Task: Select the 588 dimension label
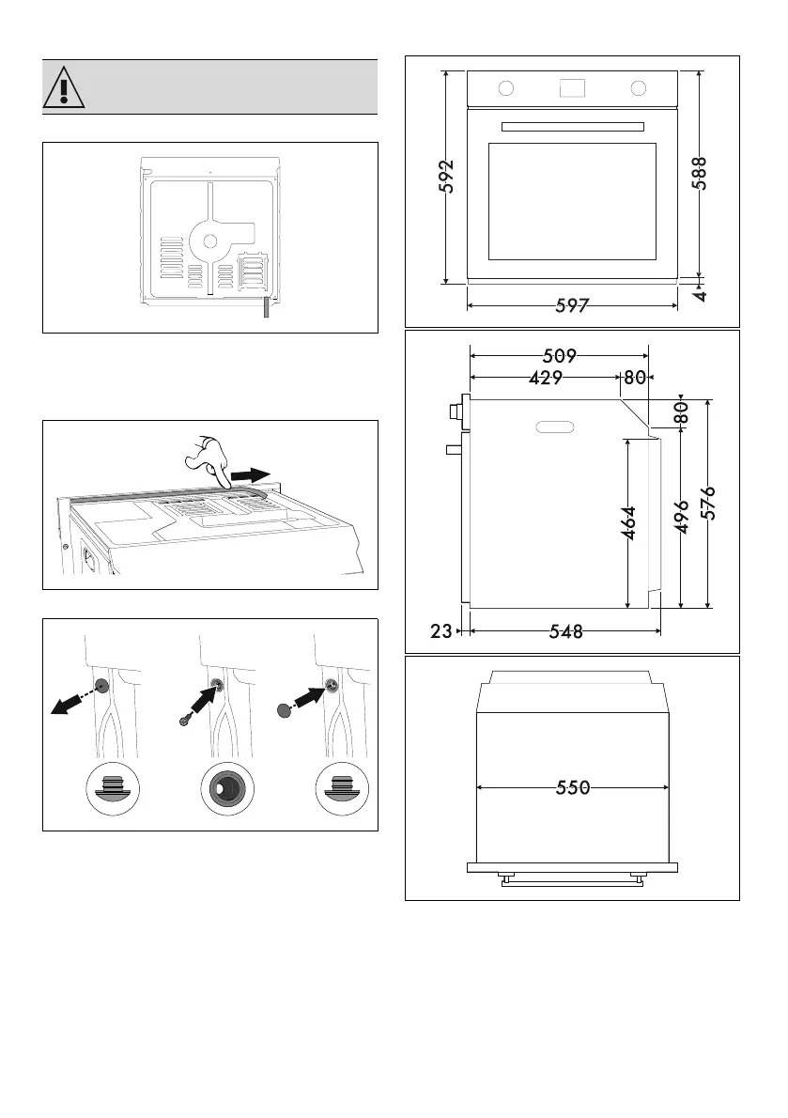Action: point(700,174)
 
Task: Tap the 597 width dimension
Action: point(572,305)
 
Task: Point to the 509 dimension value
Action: point(560,356)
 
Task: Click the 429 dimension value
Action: point(545,378)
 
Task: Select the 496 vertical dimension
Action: point(684,517)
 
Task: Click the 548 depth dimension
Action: point(562,632)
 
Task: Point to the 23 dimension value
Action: point(441,632)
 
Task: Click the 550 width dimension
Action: point(572,788)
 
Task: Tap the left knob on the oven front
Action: point(505,88)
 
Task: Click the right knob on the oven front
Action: point(640,88)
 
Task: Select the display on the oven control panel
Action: point(571,88)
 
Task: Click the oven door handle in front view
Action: point(572,127)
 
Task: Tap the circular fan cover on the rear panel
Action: point(209,241)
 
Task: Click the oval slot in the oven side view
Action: point(555,427)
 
